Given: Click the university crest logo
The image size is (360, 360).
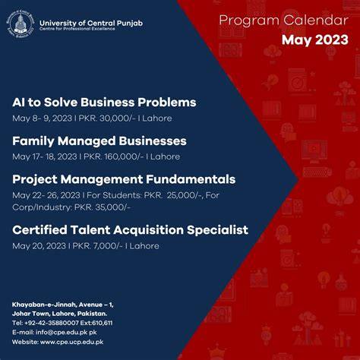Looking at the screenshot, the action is click(x=21, y=24).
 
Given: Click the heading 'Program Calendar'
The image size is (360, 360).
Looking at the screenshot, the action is click(x=283, y=21).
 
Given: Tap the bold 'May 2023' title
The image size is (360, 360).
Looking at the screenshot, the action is click(x=315, y=40).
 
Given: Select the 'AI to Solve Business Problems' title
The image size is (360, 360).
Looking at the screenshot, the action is click(x=104, y=103).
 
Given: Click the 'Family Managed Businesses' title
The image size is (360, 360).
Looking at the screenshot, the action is click(x=99, y=141).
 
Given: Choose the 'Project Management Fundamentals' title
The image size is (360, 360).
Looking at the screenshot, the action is click(x=124, y=179).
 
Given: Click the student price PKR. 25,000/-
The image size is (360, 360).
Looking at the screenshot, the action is click(x=173, y=195).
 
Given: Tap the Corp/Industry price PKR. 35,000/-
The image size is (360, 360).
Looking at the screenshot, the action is click(x=103, y=207).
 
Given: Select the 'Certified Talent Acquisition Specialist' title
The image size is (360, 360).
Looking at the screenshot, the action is click(x=130, y=230).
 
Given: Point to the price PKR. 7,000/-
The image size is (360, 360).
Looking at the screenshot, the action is click(x=97, y=246).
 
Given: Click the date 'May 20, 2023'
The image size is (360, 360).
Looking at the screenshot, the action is click(x=39, y=246).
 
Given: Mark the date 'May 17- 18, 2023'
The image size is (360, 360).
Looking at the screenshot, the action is click(x=45, y=156).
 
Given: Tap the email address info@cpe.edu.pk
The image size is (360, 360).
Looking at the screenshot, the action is click(x=62, y=333).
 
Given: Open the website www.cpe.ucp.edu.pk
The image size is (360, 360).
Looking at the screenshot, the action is click(x=71, y=342).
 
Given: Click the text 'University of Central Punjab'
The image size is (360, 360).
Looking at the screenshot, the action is click(x=91, y=23).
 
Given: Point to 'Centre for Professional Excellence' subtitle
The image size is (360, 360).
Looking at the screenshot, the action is click(x=77, y=29).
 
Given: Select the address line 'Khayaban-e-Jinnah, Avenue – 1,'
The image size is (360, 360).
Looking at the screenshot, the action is click(x=63, y=305).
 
